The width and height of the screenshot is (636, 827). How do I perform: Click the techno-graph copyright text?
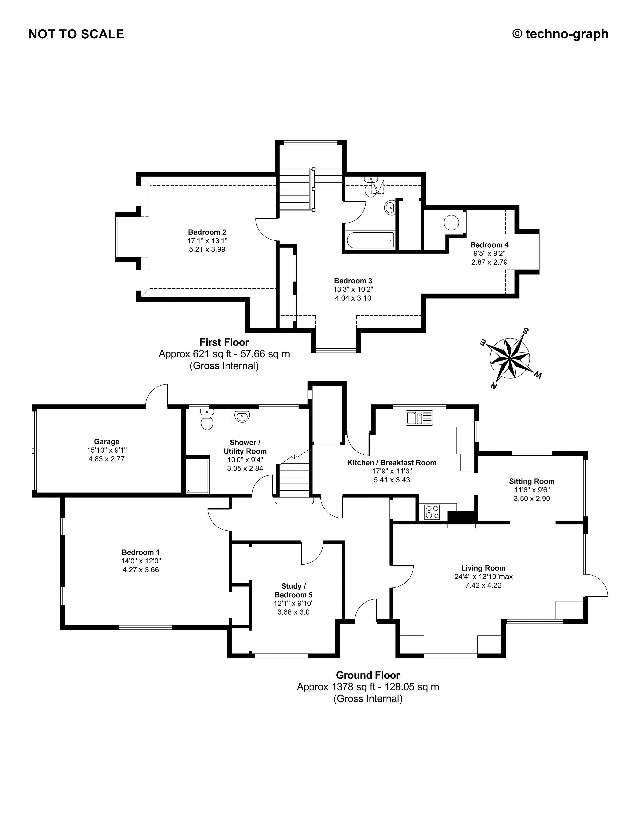click(x=560, y=34)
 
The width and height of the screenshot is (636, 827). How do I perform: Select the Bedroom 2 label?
click(x=207, y=232)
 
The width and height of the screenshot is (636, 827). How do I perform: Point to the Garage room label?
click(x=107, y=442)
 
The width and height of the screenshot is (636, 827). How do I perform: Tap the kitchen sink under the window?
click(x=419, y=418)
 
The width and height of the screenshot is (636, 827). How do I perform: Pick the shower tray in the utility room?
click(x=198, y=476)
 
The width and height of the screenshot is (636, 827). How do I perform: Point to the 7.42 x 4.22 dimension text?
click(x=483, y=585)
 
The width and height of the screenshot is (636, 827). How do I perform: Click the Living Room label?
click(x=483, y=568)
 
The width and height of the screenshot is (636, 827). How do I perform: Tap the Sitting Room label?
click(x=531, y=481)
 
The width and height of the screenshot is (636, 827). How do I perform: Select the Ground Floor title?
click(x=368, y=675)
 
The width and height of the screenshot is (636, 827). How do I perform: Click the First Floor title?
click(x=224, y=342)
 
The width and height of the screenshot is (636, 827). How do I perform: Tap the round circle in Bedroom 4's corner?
click(x=451, y=223)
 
